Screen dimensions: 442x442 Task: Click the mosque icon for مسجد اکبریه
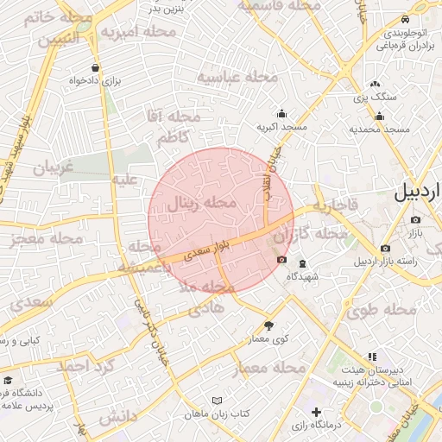coord(281,113)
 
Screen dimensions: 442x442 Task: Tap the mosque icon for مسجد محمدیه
coord(379,117)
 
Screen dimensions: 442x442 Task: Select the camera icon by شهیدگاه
coord(281,260)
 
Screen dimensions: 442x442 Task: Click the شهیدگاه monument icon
coord(301,263)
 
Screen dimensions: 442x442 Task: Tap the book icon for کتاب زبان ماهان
coord(217,401)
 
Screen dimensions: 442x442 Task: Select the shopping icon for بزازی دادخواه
coord(94,68)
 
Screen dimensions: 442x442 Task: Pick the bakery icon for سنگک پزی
coord(375,84)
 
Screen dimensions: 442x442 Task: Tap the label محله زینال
coord(200,205)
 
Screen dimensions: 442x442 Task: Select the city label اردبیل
coord(417,193)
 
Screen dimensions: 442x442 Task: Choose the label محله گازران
coord(321,234)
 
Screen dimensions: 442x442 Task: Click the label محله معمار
coord(269,369)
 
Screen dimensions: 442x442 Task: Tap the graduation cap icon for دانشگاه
coord(8,380)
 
